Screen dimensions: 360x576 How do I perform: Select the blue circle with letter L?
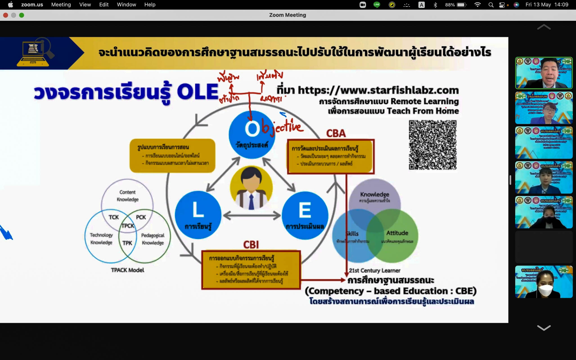click(198, 215)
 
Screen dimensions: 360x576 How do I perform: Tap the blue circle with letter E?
click(305, 215)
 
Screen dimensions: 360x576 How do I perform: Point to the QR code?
click(433, 145)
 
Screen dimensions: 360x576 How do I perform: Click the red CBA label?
click(336, 133)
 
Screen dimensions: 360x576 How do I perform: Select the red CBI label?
click(251, 245)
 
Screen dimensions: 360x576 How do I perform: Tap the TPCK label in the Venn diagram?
click(128, 226)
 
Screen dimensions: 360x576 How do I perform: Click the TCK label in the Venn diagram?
click(114, 217)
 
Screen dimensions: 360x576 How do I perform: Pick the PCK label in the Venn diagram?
click(141, 217)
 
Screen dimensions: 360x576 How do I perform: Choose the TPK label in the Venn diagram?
click(127, 243)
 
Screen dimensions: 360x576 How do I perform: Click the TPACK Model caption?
click(127, 270)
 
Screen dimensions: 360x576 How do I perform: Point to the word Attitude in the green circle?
click(397, 233)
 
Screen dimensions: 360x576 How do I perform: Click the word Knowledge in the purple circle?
click(375, 194)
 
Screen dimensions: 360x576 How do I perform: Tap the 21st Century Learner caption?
click(375, 271)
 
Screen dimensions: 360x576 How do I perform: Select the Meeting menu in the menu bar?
click(61, 5)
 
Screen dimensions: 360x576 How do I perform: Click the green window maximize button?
click(22, 15)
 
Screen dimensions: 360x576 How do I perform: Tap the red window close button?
click(5, 15)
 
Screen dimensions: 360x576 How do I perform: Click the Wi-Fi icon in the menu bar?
click(477, 5)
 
